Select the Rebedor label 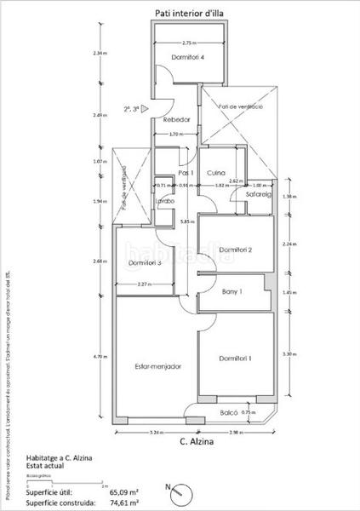coord(176,120)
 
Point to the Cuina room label coord(215,172)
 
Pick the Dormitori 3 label coord(146,262)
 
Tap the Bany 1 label coord(232,292)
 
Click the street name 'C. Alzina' coord(197,441)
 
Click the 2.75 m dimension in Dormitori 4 coord(189,43)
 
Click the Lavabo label coord(164,201)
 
